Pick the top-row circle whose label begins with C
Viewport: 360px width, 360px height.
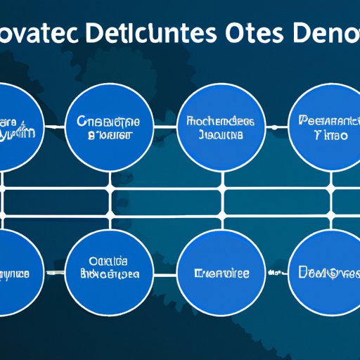point(109,127)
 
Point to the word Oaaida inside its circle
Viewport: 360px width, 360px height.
point(109,259)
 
